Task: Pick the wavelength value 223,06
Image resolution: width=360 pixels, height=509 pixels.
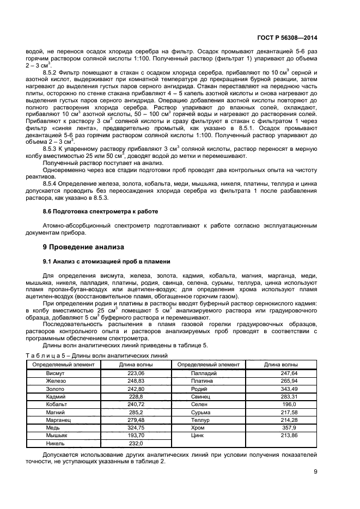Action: pyautogui.click(x=135, y=373)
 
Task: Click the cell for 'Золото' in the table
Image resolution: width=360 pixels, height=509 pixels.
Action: pyautogui.click(x=56, y=389)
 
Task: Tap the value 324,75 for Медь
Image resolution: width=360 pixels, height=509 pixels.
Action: pyautogui.click(x=135, y=428)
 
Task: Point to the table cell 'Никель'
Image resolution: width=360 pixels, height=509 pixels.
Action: pyautogui.click(x=56, y=444)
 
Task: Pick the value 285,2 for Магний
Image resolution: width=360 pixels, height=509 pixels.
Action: pyautogui.click(x=135, y=413)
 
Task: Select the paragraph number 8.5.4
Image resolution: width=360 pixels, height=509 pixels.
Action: pyautogui.click(x=52, y=184)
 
